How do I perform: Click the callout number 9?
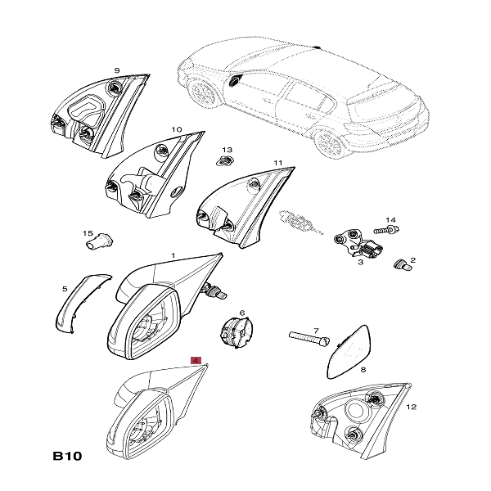coord(117,70)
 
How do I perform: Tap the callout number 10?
coord(177,129)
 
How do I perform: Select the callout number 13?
coord(228,150)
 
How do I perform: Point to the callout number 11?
coord(278,163)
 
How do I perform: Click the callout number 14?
coord(390,220)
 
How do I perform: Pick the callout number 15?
coord(88,233)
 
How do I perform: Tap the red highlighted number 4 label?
coord(195,359)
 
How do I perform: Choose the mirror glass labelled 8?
coord(349,349)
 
